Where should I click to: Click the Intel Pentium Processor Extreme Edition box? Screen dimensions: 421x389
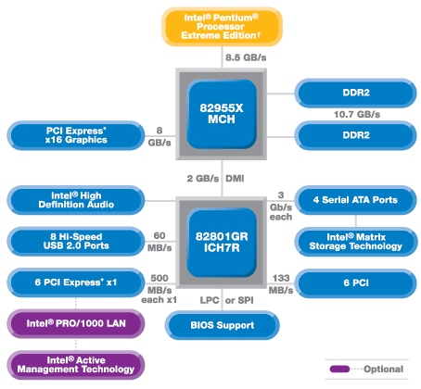222,27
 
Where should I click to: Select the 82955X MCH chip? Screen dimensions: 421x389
222,114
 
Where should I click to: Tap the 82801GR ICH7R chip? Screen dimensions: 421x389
222,243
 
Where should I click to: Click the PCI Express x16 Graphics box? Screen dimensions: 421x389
76,135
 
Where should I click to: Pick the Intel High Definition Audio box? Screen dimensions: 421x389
76,200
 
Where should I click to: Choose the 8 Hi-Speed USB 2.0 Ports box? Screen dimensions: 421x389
76,241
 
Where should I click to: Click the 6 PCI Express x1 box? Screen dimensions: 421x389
76,282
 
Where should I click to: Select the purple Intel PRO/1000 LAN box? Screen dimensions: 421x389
76,323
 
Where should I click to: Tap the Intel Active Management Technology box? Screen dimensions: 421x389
76,365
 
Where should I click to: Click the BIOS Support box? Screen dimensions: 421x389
222,325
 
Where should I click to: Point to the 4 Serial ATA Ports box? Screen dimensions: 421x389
355,200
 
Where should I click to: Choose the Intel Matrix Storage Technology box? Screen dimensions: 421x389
355,242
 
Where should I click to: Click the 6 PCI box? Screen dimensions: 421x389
355,283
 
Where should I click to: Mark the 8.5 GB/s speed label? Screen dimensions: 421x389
246,57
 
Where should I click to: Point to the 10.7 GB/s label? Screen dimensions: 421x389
357,115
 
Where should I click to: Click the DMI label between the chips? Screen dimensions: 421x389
235,179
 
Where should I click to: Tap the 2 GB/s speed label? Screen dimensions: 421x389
203,179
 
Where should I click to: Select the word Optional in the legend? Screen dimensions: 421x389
383,369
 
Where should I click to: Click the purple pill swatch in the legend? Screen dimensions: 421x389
339,369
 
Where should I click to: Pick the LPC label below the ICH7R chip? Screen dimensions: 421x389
210,300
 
